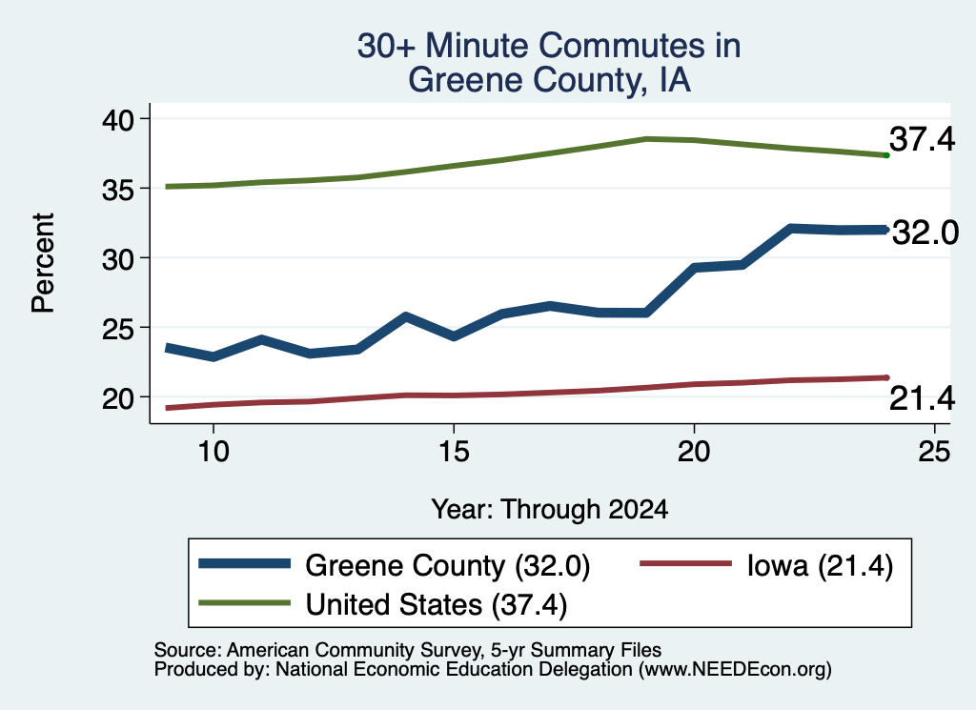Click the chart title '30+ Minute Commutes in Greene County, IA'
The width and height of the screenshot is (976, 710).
coord(549,63)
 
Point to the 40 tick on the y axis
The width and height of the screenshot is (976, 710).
coord(117,119)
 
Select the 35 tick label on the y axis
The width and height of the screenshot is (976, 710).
coord(117,189)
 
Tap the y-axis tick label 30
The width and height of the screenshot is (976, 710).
coord(117,258)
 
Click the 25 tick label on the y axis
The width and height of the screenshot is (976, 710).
coord(117,328)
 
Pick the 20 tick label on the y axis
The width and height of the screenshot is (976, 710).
coord(117,397)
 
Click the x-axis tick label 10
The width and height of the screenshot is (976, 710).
coord(213,451)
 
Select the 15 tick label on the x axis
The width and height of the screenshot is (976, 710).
coord(454,451)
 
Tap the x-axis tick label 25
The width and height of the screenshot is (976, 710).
coord(934,451)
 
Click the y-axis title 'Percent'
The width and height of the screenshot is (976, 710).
coord(43,263)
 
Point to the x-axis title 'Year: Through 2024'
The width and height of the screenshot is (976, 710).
coord(550,509)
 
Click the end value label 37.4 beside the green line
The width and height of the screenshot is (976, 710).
coord(922,139)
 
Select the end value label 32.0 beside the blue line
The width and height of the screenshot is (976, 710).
coord(925,233)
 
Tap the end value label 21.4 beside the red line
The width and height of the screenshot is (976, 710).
coord(922,398)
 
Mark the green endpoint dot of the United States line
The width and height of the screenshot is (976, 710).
coord(886,155)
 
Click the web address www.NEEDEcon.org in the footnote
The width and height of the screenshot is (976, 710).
coord(735,670)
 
